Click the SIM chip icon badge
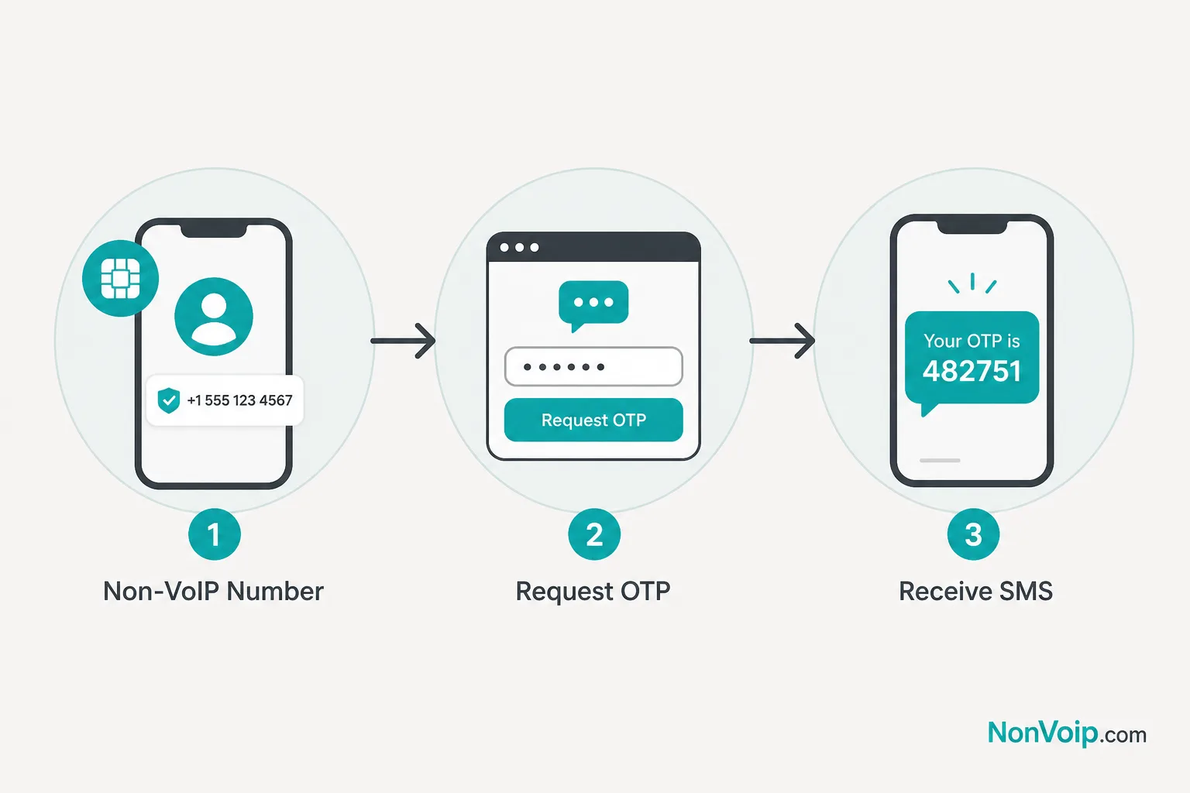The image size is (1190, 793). click(120, 278)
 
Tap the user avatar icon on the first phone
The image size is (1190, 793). click(214, 317)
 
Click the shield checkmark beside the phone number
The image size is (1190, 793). click(169, 400)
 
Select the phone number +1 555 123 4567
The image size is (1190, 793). click(239, 400)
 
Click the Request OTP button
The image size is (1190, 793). click(593, 420)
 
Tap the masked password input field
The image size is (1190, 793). click(593, 366)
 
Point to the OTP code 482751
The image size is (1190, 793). click(972, 371)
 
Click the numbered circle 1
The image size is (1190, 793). click(214, 534)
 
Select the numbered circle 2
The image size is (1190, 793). click(594, 534)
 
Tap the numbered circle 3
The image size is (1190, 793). click(973, 534)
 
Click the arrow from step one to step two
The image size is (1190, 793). click(403, 341)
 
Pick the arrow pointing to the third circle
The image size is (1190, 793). click(782, 341)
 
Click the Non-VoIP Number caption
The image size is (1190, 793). click(213, 591)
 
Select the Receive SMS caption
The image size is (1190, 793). click(975, 591)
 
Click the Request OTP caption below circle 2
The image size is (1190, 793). click(593, 591)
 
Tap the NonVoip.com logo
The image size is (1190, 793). click(1067, 733)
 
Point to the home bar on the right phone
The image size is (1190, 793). click(940, 461)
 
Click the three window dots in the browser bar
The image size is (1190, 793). click(519, 248)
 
